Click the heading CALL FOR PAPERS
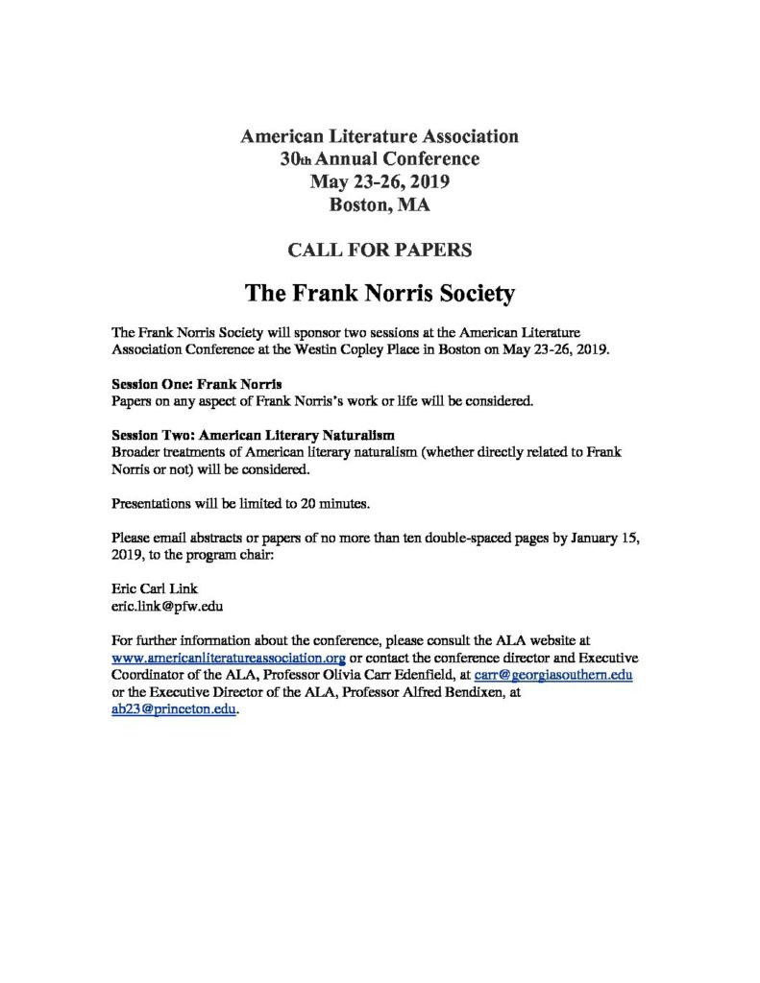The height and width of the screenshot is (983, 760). coord(380,250)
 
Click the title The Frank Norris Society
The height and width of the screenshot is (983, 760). coord(380,292)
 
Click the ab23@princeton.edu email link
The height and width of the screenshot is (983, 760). coord(173,710)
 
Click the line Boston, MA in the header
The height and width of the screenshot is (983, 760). coord(380,204)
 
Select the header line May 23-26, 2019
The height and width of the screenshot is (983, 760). coord(380,180)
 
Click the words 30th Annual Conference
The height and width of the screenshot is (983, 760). coord(380,158)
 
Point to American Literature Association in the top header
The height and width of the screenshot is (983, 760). coord(380,135)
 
